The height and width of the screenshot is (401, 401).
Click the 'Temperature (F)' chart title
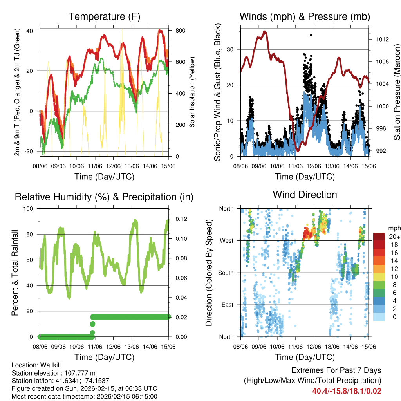pos(104,17)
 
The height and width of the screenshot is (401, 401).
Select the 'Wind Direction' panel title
pos(305,195)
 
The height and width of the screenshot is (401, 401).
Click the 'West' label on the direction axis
pos(226,240)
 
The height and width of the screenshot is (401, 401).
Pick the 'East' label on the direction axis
pos(227,305)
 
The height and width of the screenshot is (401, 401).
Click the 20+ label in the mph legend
pos(394,237)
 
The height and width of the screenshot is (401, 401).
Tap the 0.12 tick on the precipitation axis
pos(178,219)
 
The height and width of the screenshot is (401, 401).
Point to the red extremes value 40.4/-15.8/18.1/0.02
pos(347,391)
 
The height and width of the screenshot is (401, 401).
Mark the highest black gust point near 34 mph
pos(311,35)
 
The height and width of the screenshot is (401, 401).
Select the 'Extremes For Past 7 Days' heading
pos(336,370)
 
